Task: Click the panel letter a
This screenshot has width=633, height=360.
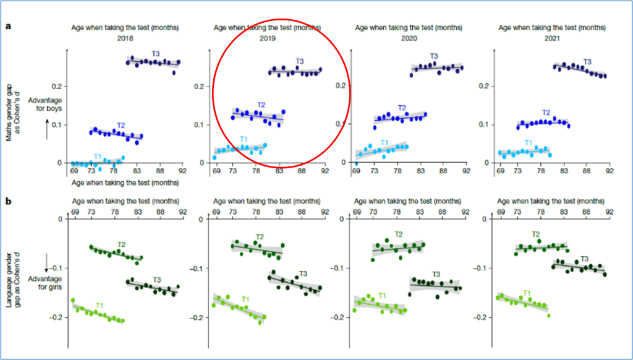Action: tap(8, 26)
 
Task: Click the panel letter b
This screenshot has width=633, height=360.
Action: tap(8, 201)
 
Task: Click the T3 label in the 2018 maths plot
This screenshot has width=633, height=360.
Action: tap(156, 54)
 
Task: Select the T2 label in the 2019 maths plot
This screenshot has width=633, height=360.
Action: tap(261, 105)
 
